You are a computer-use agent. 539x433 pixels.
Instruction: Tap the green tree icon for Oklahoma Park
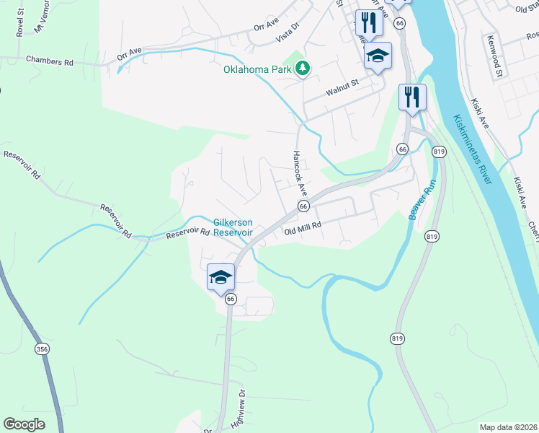coord(304,69)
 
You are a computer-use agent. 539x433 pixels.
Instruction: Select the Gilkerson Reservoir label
coord(233,227)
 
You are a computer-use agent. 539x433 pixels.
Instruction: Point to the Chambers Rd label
coord(50,62)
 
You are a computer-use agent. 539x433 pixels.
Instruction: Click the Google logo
coord(24,424)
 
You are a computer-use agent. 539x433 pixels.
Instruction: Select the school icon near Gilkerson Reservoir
coord(221,276)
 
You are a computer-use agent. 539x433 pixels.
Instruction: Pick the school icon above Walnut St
coord(378,56)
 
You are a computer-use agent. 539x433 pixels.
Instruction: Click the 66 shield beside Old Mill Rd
coord(303,206)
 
